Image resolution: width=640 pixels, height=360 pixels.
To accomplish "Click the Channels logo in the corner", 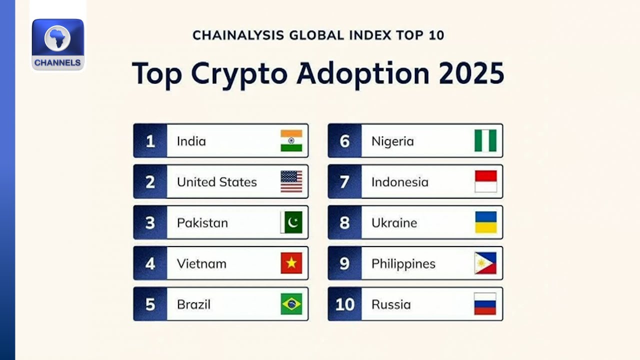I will coord(58,44).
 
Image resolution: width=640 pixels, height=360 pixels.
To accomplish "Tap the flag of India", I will coord(291,141).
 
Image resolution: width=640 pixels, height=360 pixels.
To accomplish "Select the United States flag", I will coord(291,182).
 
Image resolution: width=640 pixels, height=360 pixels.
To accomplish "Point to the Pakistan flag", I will coord(291,222).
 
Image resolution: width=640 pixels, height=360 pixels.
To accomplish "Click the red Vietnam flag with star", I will coord(291,263).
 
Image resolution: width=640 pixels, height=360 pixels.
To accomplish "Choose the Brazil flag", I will coord(291,304).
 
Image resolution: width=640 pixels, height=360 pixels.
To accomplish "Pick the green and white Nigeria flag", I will coord(485,141).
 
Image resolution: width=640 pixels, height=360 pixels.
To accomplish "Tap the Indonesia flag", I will coord(485,182).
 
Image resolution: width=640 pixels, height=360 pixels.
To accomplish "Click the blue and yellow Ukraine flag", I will coord(485,222).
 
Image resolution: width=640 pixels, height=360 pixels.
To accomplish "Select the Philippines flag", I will coord(485,263).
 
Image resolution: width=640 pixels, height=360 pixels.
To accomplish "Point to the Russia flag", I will coord(485,304).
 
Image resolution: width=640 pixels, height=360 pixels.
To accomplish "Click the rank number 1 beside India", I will coord(150,141).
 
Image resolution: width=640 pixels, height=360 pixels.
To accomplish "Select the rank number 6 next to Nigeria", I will coord(344,141).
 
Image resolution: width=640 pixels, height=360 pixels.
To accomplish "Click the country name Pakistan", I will coord(202,223).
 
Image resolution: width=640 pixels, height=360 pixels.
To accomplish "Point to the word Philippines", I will coord(403,264).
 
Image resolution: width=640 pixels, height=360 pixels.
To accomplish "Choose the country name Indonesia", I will coord(400,182).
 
